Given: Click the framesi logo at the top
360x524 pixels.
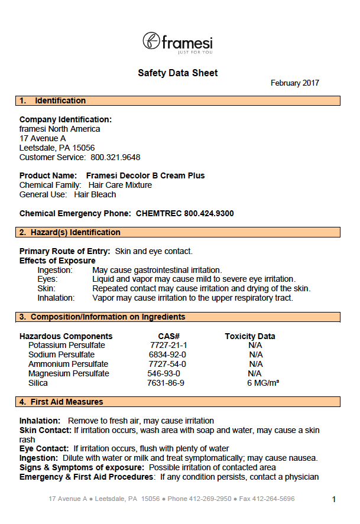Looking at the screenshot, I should [177, 42].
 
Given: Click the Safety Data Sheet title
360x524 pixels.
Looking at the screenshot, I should [177, 73].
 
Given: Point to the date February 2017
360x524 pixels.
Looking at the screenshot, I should [294, 83].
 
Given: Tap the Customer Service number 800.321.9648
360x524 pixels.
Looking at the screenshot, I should [115, 157].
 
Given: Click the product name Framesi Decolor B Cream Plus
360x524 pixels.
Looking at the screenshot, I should [145, 175].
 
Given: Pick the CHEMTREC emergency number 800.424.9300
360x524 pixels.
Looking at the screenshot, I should [209, 213].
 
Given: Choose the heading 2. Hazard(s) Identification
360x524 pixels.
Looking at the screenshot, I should [70, 233].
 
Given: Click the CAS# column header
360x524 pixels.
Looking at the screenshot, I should [168, 336].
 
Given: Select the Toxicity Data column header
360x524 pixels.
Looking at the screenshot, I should [249, 336].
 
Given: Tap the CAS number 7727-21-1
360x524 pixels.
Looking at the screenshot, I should [168, 345].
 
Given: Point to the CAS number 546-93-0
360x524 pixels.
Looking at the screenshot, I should [164, 373].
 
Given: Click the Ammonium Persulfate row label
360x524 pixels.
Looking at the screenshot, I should [69, 364].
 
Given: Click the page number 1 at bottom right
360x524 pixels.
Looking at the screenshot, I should [334, 500].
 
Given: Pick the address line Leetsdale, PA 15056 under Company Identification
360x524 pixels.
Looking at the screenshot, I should [57, 148].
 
